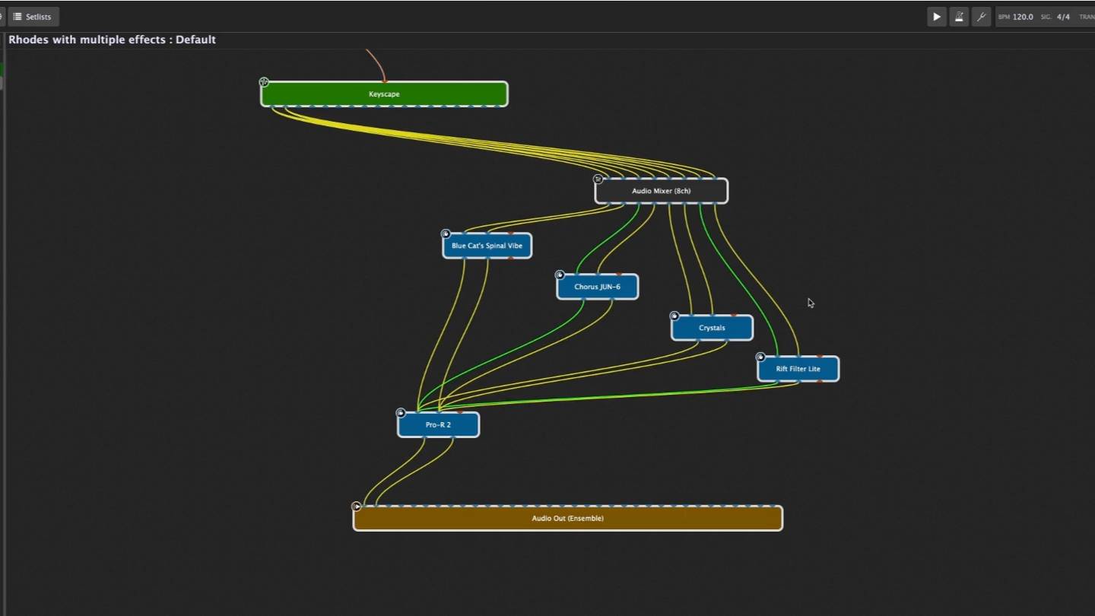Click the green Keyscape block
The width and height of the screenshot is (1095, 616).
384,94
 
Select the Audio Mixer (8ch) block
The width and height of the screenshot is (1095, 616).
661,191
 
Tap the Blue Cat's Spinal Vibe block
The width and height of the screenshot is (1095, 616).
487,246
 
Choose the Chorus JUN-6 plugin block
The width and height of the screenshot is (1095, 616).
597,287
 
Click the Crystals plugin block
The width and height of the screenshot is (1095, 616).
712,328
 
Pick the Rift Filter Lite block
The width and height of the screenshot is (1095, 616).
798,369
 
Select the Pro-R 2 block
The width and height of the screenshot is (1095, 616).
438,425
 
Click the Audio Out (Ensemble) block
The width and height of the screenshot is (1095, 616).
567,519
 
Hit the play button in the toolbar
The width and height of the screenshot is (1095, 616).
937,17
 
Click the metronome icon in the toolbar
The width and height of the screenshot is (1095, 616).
959,17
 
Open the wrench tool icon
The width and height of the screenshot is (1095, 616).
981,17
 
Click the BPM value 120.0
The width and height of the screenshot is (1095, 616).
1023,17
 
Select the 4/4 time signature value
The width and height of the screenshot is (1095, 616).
1063,17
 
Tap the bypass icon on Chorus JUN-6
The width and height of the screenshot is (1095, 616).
560,275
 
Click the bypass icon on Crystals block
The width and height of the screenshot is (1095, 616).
674,316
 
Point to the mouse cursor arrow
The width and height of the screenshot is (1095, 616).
811,302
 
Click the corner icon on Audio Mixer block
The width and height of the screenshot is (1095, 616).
598,179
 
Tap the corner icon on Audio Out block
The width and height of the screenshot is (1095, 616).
357,506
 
